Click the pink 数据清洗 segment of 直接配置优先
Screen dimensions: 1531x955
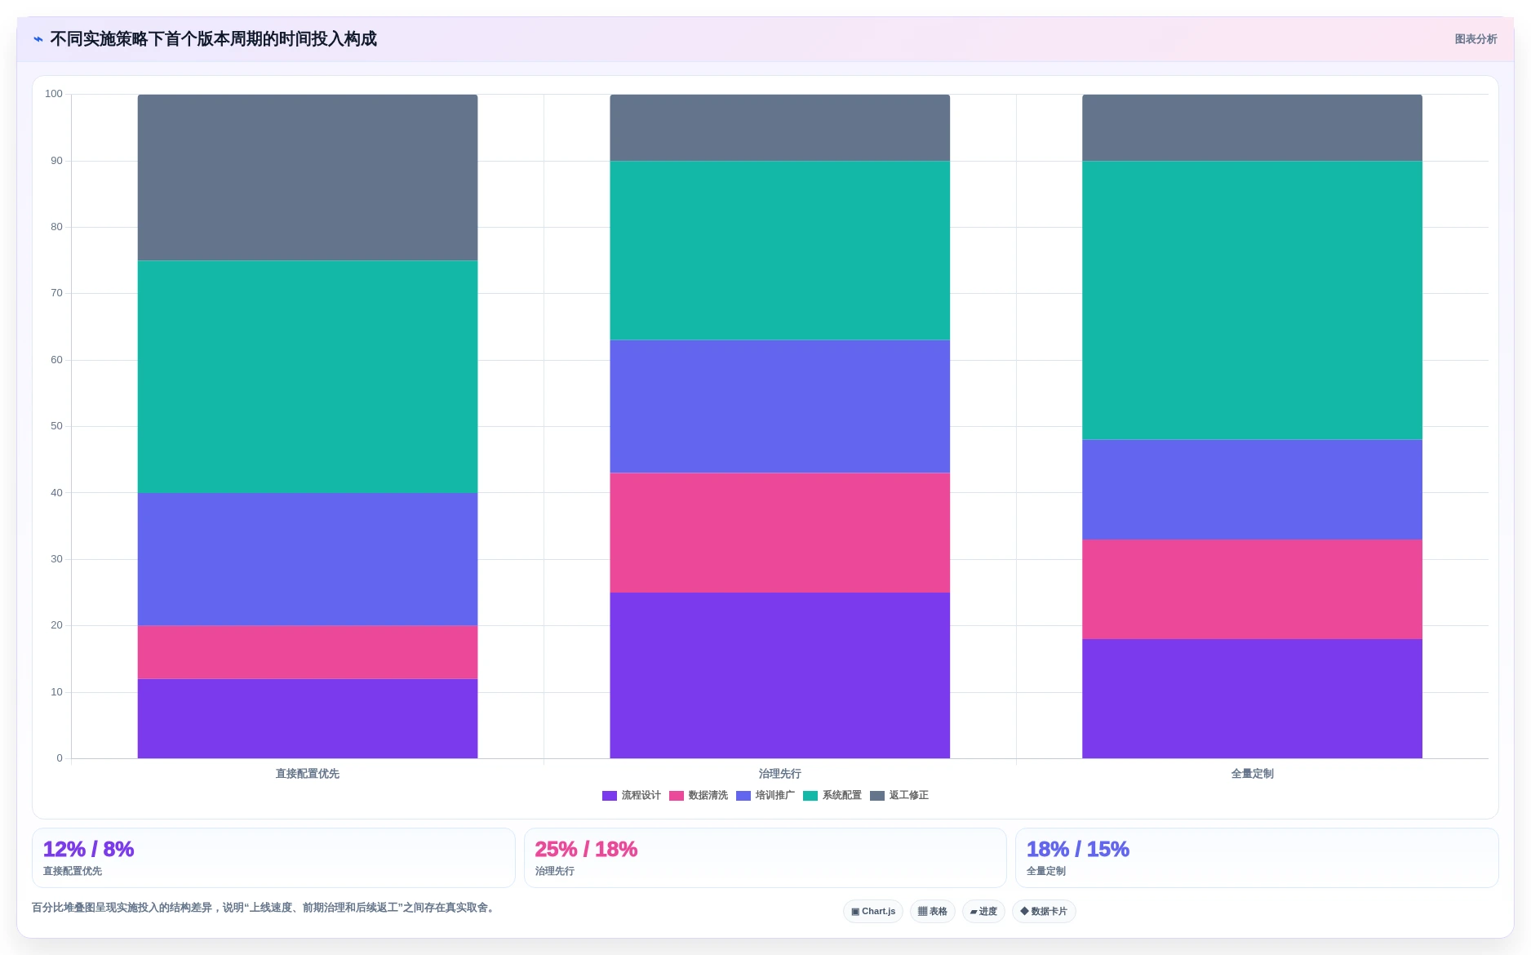(308, 652)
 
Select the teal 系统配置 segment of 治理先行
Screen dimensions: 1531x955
(779, 251)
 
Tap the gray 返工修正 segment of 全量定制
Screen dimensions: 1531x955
(1252, 127)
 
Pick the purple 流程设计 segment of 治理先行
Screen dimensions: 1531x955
(779, 676)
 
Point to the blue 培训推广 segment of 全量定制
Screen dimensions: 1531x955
(1252, 490)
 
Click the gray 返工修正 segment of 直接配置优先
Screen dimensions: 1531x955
(308, 178)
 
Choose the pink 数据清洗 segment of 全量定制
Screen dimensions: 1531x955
(1252, 589)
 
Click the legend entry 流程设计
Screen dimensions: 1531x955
(632, 796)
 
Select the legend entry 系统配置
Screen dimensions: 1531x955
(832, 796)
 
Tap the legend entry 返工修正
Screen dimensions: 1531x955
(899, 796)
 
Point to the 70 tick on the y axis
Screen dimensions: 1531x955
(56, 293)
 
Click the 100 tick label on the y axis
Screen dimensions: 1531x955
(54, 94)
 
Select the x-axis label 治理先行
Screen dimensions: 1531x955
(779, 774)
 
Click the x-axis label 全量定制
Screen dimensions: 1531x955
(1252, 774)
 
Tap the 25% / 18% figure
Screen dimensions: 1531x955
(586, 850)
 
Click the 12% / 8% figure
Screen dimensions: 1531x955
(88, 850)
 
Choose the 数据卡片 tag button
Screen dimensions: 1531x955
(1044, 912)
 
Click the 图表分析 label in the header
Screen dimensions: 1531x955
(1476, 39)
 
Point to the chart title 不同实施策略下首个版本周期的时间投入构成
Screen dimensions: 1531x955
(213, 39)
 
